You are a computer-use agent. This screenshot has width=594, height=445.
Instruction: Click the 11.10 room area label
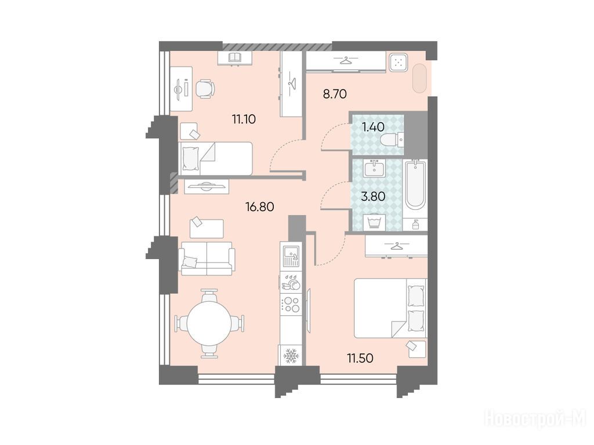click(x=244, y=119)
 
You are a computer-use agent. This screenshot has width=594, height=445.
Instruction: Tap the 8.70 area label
click(x=335, y=94)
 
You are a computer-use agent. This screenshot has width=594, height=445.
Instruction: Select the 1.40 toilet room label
click(x=373, y=127)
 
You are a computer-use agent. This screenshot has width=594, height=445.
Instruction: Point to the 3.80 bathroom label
click(x=373, y=196)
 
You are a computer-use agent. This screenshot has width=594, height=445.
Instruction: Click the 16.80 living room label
click(x=259, y=207)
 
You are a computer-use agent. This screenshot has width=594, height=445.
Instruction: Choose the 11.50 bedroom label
click(x=360, y=358)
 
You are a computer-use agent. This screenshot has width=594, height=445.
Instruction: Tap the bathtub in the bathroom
click(x=415, y=185)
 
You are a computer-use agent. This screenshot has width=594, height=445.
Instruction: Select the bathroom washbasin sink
click(x=374, y=169)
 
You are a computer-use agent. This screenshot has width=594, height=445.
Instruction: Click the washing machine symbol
click(x=374, y=222)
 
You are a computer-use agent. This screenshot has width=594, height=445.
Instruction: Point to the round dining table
click(x=209, y=323)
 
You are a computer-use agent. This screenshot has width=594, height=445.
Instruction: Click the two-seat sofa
click(x=207, y=259)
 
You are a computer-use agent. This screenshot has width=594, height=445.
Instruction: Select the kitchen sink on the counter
click(x=291, y=255)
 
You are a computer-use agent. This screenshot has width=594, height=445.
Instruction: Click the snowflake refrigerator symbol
click(x=291, y=356)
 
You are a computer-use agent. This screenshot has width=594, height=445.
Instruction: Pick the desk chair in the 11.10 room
click(x=205, y=89)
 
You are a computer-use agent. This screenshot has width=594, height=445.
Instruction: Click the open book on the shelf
click(x=235, y=57)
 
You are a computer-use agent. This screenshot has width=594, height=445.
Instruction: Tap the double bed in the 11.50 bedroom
click(x=390, y=308)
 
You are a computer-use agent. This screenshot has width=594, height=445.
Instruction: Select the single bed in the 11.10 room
click(x=215, y=159)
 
